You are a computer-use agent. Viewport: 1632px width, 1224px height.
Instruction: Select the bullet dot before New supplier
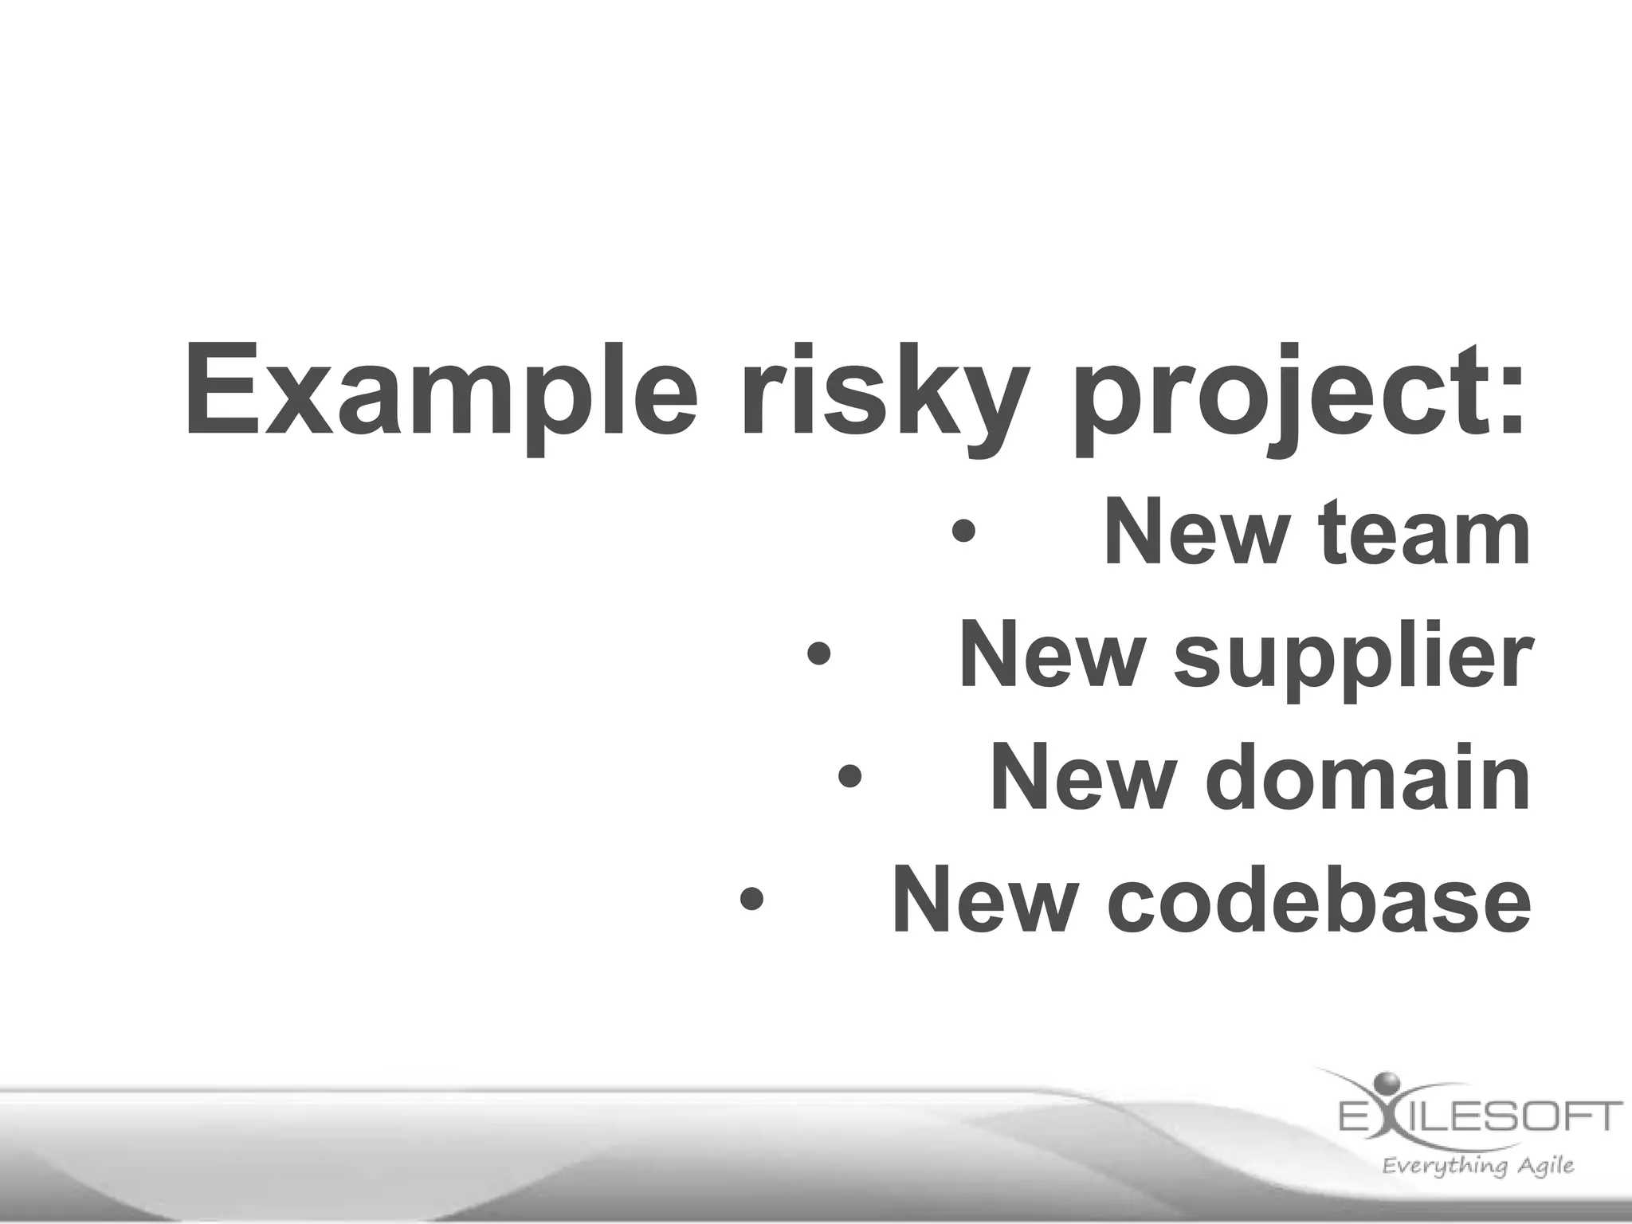click(x=818, y=655)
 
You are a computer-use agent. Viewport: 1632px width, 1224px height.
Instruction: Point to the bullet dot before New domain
click(x=849, y=778)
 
